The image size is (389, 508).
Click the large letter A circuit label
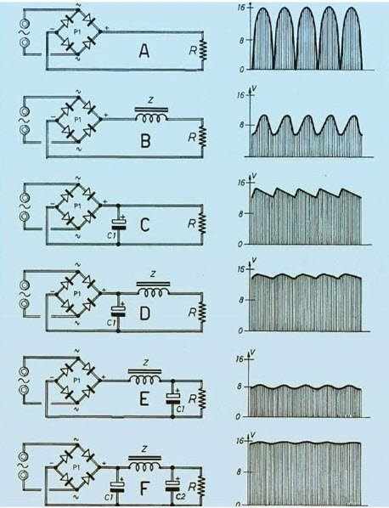click(144, 52)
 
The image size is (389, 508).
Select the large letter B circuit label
click(146, 141)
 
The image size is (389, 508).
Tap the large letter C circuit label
click(145, 226)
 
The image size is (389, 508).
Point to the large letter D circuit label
click(144, 313)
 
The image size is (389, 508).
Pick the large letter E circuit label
click(144, 399)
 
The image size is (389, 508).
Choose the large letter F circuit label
click(144, 488)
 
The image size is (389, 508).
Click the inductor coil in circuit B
click(151, 118)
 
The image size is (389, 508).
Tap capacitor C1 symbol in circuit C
click(119, 224)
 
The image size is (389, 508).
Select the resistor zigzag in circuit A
click(203, 50)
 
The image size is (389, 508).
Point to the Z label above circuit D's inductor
click(153, 274)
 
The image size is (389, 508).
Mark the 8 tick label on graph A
click(240, 40)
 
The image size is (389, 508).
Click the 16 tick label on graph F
click(240, 441)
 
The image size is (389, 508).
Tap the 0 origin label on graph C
click(240, 245)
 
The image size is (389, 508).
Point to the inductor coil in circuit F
click(144, 466)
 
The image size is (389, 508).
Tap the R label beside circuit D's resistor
click(193, 313)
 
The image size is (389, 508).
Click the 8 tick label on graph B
click(241, 125)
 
